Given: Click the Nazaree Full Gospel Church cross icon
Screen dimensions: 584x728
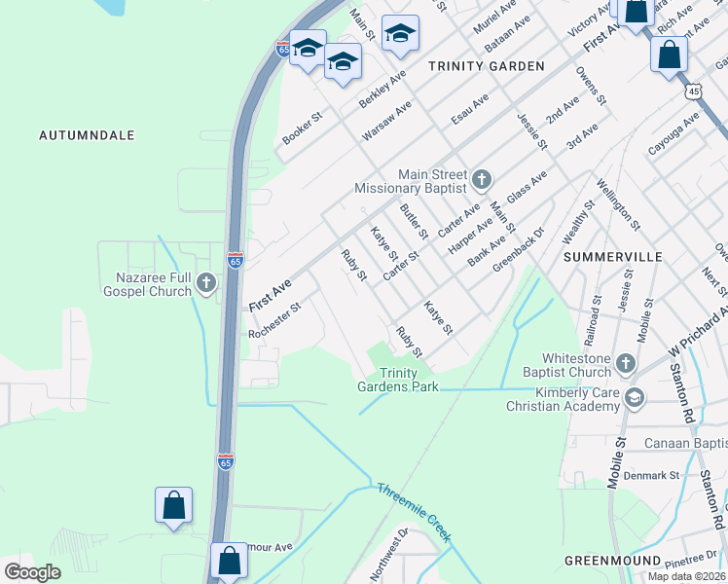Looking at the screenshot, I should tap(205, 283).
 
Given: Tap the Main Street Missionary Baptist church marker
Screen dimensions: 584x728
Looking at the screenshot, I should tap(481, 179).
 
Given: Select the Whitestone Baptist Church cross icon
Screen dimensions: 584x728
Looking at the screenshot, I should tap(625, 365).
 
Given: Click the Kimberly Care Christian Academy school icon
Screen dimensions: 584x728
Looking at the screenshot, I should tap(635, 397).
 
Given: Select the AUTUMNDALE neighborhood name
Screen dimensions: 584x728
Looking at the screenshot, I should tap(86, 135).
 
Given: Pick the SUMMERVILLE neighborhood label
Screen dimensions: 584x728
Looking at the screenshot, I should tap(613, 257).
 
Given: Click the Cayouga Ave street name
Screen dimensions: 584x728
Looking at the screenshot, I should tap(673, 134).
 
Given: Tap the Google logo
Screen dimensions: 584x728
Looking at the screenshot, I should tap(32, 572).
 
